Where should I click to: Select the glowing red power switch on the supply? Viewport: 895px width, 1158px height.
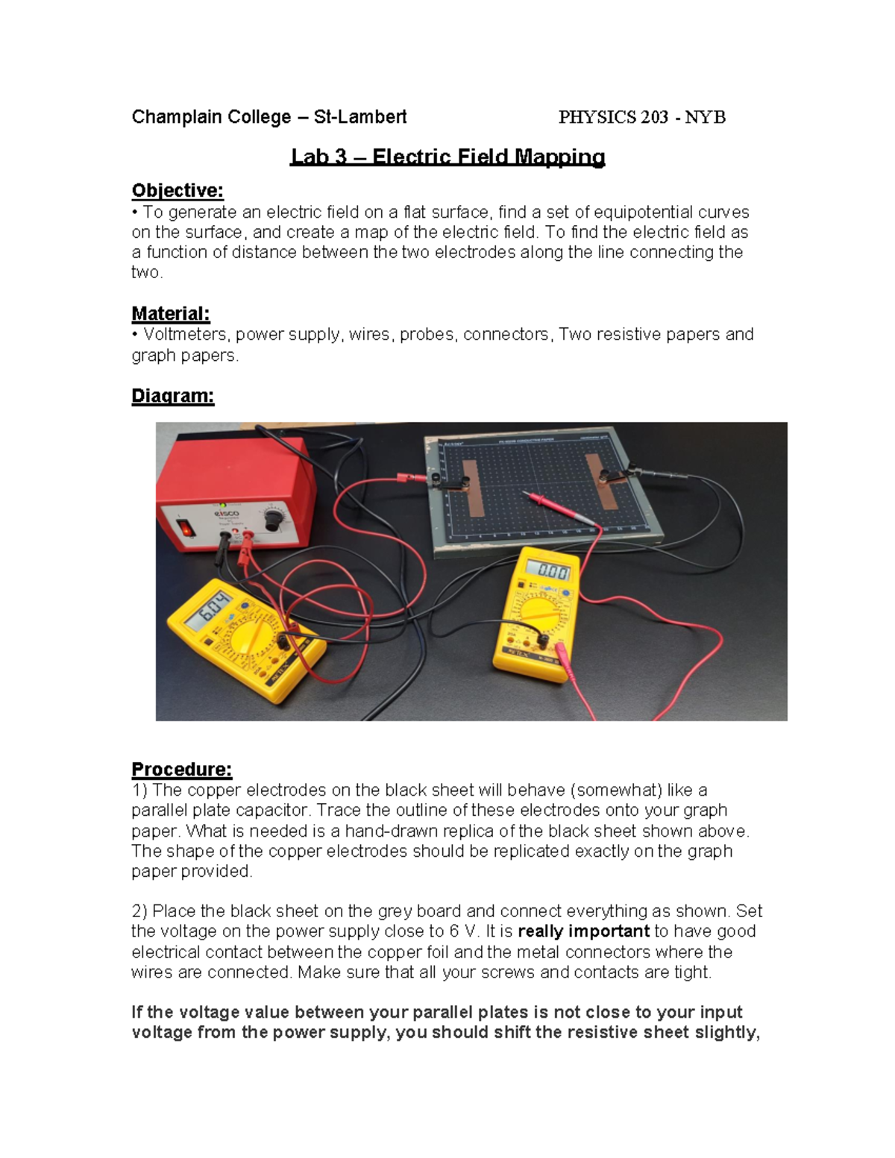click(186, 529)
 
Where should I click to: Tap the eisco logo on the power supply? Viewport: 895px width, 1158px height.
click(227, 515)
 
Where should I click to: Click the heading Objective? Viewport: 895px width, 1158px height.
click(178, 191)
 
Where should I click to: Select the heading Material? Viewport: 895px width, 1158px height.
click(170, 313)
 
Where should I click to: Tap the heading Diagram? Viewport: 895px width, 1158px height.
click(172, 396)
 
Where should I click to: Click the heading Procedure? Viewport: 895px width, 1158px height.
click(181, 769)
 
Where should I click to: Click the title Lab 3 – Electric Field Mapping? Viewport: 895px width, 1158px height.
click(447, 157)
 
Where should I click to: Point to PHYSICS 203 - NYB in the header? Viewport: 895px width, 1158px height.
click(641, 117)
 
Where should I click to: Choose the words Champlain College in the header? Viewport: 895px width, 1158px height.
click(211, 117)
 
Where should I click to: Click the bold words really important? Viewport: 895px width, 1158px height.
click(583, 931)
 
